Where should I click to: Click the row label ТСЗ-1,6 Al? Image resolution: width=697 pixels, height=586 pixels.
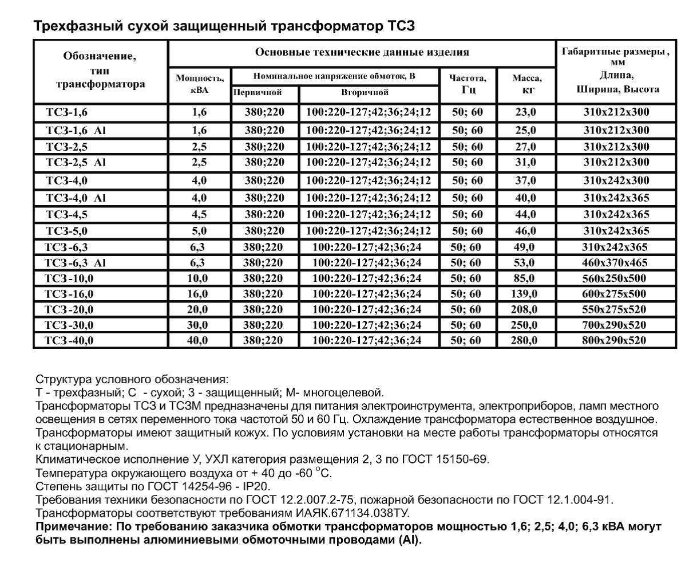[76, 131]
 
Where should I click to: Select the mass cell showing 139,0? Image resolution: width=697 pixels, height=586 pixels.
[525, 294]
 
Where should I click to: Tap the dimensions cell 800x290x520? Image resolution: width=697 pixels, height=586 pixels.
[615, 340]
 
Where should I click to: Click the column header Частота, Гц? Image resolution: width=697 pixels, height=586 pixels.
[468, 84]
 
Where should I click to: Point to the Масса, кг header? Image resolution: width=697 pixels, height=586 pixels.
[526, 84]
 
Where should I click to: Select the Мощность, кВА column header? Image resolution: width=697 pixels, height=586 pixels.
[199, 84]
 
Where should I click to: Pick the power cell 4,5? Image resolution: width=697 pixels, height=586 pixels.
[199, 215]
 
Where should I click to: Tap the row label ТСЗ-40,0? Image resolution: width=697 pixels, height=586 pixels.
[69, 340]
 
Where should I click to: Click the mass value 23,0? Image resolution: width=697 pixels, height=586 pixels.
[525, 112]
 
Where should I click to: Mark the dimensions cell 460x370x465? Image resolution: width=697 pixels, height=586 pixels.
[615, 263]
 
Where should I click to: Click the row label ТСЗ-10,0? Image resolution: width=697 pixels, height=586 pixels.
[69, 278]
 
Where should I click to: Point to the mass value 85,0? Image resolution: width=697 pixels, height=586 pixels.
[525, 278]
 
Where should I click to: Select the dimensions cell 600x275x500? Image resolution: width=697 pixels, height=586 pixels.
[615, 294]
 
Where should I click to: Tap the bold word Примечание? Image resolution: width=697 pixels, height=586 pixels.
[72, 526]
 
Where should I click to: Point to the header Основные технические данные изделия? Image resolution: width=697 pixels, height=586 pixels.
[362, 52]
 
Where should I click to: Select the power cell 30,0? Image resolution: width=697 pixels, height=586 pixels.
[197, 325]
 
